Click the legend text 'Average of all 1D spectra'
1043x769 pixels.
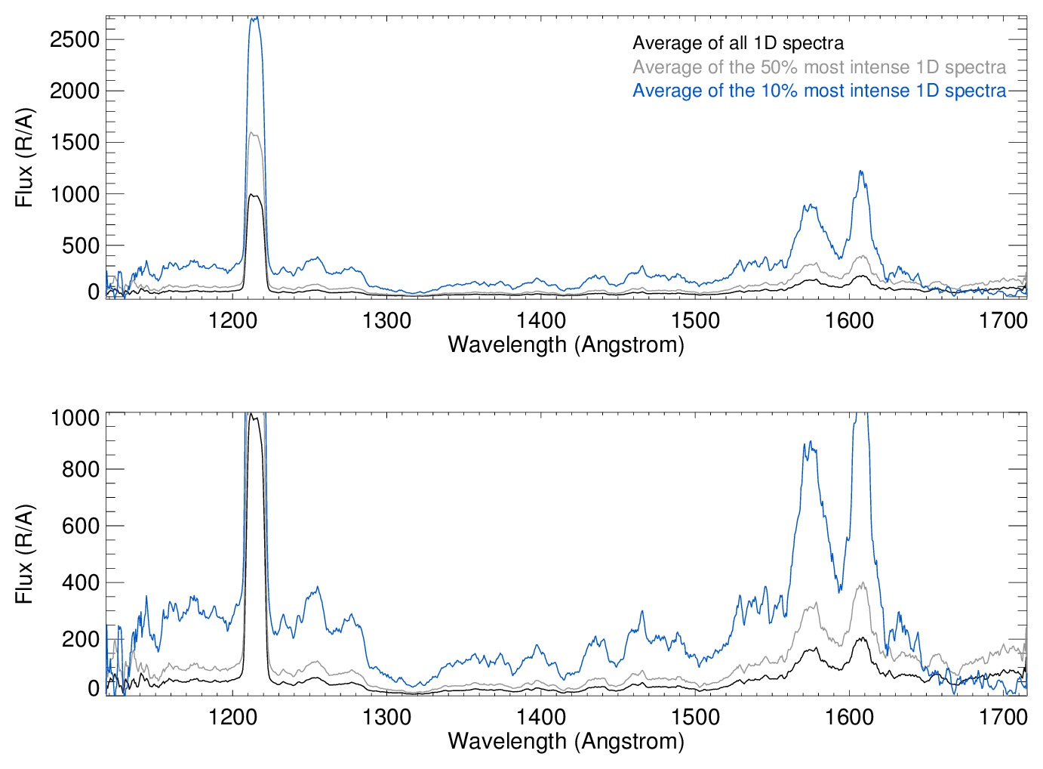click(737, 43)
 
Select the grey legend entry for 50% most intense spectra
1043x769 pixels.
click(819, 67)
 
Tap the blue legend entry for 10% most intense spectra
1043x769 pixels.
click(819, 91)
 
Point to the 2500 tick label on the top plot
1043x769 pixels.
click(75, 39)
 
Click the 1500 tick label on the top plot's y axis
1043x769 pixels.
click(75, 142)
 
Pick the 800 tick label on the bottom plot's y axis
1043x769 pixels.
click(81, 469)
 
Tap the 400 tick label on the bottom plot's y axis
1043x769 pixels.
click(81, 582)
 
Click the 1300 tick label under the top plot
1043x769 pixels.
click(386, 320)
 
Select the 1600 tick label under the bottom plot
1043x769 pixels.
click(849, 716)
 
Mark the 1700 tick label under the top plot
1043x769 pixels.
click(1003, 320)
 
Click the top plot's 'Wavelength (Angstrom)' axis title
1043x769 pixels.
click(566, 345)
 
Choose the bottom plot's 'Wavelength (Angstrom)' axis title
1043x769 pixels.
click(566, 741)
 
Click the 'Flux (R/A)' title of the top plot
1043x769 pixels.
click(25, 157)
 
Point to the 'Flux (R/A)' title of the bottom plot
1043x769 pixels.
click(25, 554)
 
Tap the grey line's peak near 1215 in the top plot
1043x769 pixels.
click(254, 133)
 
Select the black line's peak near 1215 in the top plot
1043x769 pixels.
click(254, 195)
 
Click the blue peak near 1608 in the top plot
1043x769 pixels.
click(860, 171)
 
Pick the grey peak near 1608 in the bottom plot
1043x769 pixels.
click(862, 583)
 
